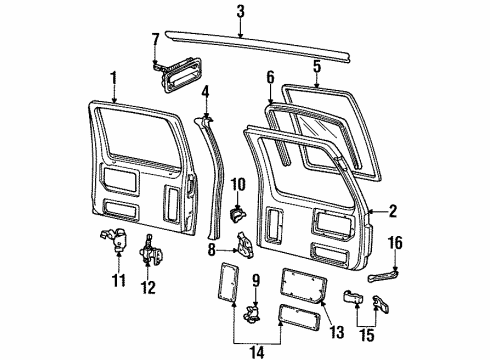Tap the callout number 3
[240, 12]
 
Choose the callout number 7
[154, 39]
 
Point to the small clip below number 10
[237, 212]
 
